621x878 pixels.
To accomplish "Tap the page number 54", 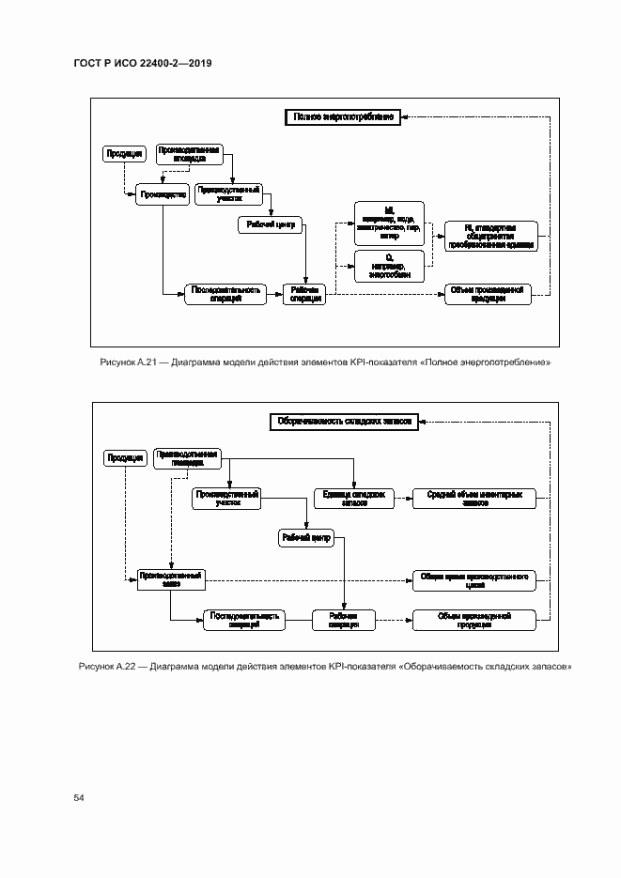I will pyautogui.click(x=79, y=797).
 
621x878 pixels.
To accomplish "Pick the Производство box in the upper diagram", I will pyautogui.click(x=162, y=195).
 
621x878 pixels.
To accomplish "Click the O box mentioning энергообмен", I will pyautogui.click(x=388, y=266).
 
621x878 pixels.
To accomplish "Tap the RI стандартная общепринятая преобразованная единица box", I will pyautogui.click(x=489, y=236).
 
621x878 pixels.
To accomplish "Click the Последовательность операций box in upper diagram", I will pyautogui.click(x=226, y=294).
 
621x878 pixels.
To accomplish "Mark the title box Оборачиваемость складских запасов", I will pyautogui.click(x=342, y=423).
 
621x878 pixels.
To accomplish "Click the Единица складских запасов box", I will pyautogui.click(x=354, y=499).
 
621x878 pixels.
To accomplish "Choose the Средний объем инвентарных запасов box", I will pyautogui.click(x=474, y=499).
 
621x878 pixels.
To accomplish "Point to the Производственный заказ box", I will pyautogui.click(x=170, y=579).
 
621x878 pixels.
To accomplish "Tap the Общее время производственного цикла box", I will pyautogui.click(x=474, y=579).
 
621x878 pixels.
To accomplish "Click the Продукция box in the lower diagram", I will pyautogui.click(x=124, y=457).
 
